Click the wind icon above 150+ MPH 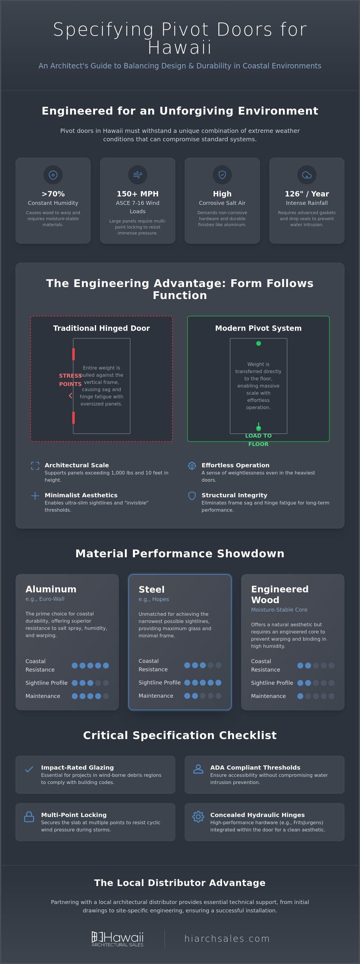(138, 175)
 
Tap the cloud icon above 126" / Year (307, 175)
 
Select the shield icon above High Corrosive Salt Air (222, 175)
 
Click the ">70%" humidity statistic (53, 194)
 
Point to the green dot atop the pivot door (259, 343)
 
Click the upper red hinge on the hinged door (73, 354)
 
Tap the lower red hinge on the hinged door (73, 418)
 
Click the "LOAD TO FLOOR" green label (259, 440)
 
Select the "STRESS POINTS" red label (70, 380)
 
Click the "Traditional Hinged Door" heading (101, 328)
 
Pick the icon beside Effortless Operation (192, 466)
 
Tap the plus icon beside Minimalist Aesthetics (35, 496)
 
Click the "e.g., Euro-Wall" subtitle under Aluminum (45, 599)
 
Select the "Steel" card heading (151, 589)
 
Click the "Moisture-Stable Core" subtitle (279, 609)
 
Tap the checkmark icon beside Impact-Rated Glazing (29, 769)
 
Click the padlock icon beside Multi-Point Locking (29, 816)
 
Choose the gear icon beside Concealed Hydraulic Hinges (198, 816)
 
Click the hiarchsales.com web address (227, 939)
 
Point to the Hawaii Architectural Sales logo (118, 939)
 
